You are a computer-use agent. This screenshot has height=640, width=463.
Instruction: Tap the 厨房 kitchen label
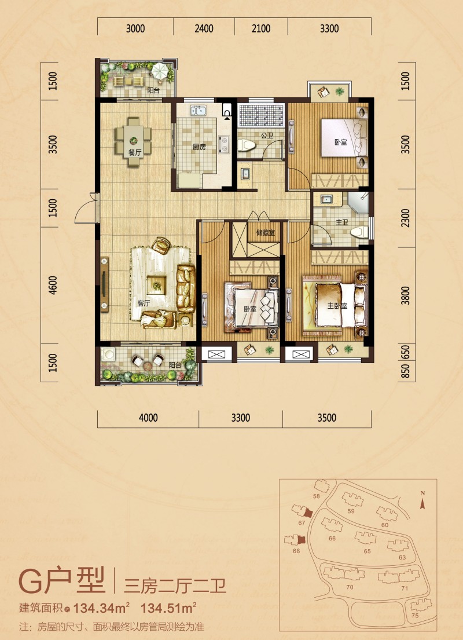coord(199,147)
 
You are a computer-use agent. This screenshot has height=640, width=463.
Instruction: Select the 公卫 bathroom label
coord(267,135)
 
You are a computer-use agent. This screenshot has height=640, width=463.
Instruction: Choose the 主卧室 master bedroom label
coord(337,306)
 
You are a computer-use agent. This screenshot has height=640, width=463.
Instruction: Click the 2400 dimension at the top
coord(204,28)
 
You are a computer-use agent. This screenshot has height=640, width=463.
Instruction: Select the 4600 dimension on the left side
coord(53,286)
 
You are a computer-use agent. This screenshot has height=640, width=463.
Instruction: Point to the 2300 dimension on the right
coord(405,218)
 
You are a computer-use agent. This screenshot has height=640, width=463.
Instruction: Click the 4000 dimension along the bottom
coord(148,418)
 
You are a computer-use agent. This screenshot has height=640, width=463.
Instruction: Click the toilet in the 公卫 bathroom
coord(247,144)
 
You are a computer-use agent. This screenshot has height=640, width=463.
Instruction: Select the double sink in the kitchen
coord(199,111)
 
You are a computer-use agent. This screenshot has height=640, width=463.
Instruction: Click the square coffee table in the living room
coord(156,284)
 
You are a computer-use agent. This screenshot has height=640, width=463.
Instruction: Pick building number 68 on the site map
coord(296,551)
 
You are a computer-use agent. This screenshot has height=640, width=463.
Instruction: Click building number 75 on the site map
coord(415,616)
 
